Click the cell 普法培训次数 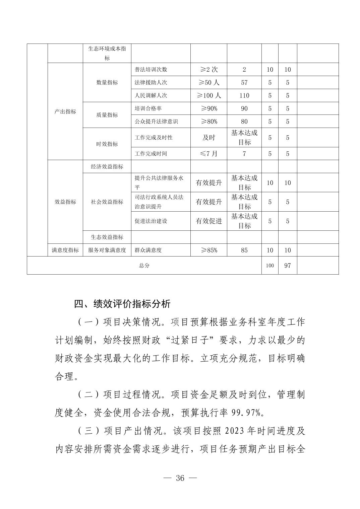point(151,70)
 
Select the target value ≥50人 point(208,82)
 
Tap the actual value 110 point(244,95)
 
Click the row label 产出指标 point(65,112)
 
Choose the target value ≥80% point(208,122)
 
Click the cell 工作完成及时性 point(154,138)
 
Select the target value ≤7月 point(208,154)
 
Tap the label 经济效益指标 point(107,167)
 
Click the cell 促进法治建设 point(151,221)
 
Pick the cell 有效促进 point(208,221)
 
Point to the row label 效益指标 point(65,202)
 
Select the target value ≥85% point(208,250)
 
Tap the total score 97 point(287,266)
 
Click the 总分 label point(144,266)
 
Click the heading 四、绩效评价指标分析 point(122,304)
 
